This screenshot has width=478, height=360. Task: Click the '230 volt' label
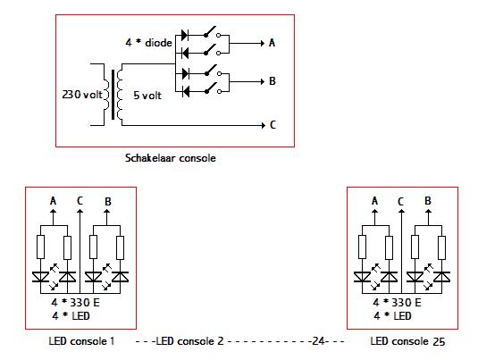[82, 95]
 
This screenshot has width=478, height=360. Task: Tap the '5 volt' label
[147, 96]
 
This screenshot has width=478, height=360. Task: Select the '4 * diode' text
[149, 42]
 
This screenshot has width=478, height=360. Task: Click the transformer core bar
[113, 95]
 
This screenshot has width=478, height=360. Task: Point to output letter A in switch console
[272, 43]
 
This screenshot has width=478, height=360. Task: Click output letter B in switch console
[273, 81]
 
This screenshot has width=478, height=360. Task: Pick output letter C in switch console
[273, 125]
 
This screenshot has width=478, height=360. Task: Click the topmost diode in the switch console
[185, 35]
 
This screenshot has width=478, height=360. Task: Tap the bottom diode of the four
[185, 91]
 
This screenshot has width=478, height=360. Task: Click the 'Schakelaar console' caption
[171, 158]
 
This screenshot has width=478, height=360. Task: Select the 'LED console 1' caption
[81, 341]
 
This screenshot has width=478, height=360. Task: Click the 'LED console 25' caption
[407, 341]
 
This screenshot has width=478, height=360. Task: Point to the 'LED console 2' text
[189, 341]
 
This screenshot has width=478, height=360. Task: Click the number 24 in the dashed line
[318, 341]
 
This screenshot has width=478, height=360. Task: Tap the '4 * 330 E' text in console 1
[76, 303]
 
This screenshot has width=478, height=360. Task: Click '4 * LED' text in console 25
[392, 316]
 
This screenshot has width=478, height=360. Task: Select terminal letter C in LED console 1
[80, 201]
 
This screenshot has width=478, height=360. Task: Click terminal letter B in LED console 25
[428, 201]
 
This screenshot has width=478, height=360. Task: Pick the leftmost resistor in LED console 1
[40, 247]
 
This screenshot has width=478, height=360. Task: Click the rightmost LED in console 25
[441, 277]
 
